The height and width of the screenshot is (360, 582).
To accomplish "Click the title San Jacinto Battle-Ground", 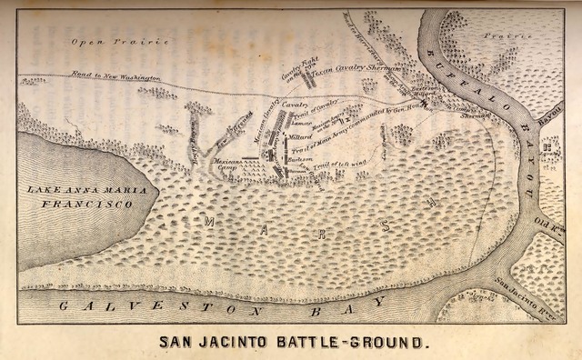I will pos(292,344).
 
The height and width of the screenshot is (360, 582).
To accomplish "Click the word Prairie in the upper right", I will pos(522,36).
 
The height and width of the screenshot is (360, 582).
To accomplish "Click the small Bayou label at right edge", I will pos(548,116).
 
